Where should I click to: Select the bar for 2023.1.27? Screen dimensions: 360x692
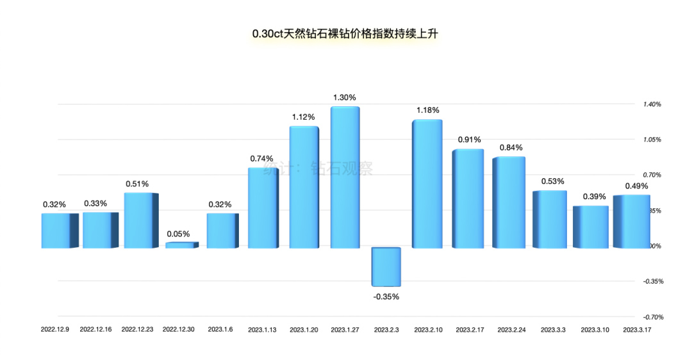[x=345, y=177]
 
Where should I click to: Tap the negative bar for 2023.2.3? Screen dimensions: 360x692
[x=386, y=266]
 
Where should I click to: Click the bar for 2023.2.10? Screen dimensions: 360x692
[x=427, y=184]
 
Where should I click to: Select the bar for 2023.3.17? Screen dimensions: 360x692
[x=631, y=222]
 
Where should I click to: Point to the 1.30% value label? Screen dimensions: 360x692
[x=345, y=97]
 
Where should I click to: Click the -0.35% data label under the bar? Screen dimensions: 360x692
[x=386, y=297]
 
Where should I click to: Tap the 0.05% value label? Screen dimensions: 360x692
[x=178, y=234]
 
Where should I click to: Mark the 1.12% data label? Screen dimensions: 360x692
[x=304, y=117]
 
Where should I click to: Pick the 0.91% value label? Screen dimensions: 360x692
[x=469, y=140]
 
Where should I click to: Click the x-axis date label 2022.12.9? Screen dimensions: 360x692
[x=56, y=329]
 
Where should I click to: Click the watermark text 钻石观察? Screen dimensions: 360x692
[x=341, y=168]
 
